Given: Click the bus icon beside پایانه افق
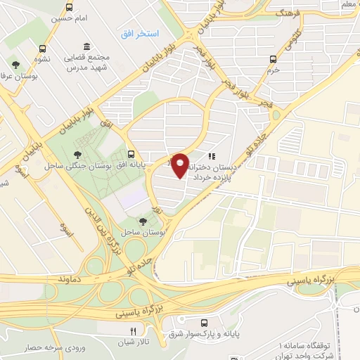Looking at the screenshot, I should pos(131,153).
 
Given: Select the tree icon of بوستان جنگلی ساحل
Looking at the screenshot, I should pos(77,155).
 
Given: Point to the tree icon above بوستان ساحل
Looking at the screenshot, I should pos(143,221).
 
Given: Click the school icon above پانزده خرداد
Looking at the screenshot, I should pos(211,157).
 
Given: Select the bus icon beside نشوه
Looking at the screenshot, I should pos(44,49).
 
